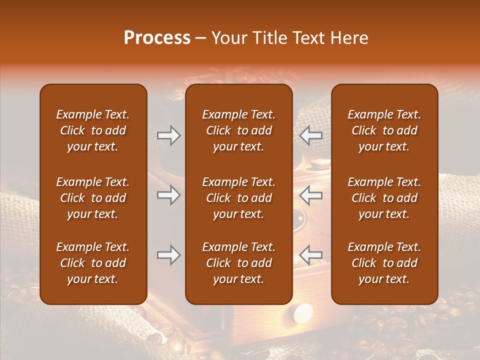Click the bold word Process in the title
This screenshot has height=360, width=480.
pos(157,38)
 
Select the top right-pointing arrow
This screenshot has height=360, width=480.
pos(168,135)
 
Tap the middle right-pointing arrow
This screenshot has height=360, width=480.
pos(168,195)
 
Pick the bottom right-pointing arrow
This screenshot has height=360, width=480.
pos(168,255)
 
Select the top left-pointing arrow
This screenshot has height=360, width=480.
pos(311,135)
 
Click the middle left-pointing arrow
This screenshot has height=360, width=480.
pos(311,195)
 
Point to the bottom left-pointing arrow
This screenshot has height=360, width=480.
pos(311,255)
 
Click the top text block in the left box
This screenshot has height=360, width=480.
pos(93,130)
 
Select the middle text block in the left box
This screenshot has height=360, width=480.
pos(93,198)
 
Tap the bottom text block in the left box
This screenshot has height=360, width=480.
pos(93,263)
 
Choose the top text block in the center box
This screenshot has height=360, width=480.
pos(239,130)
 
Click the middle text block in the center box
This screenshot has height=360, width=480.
pos(239,198)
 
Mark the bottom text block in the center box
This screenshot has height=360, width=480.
pos(239,263)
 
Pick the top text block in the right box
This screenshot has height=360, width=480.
pos(384,130)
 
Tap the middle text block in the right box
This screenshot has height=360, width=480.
pos(384,198)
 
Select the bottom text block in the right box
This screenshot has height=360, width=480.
pos(384,263)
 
